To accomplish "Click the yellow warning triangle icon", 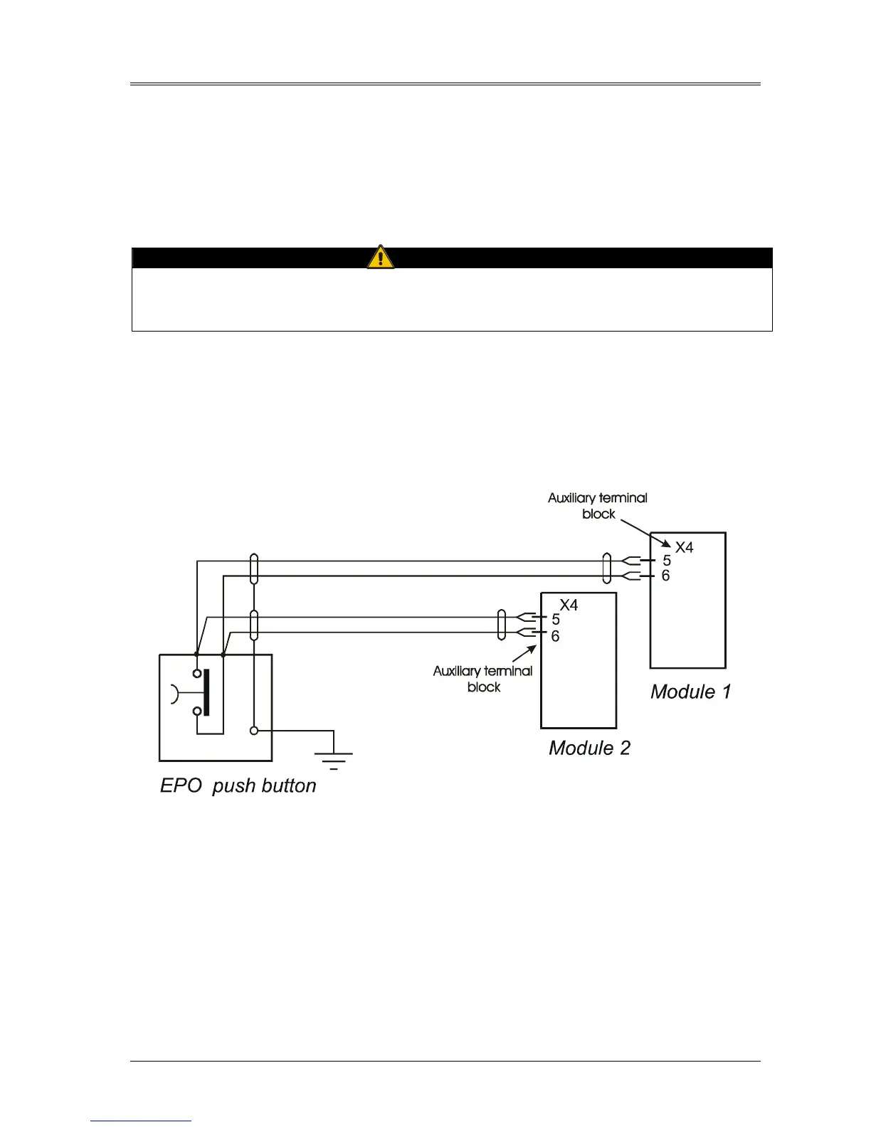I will [381, 257].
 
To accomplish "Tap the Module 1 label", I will [690, 692].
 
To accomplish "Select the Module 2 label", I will [589, 748].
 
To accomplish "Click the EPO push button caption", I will [238, 785].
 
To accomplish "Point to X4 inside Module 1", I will [684, 547].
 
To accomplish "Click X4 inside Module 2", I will [569, 605].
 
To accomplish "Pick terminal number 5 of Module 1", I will [667, 561].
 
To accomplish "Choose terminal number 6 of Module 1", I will [666, 576].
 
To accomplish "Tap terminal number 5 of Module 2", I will [556, 619].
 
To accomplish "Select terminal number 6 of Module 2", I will [555, 635].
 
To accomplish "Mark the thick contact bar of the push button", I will [206, 692].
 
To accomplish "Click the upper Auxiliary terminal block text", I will [598, 505].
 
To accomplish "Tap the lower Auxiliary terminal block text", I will [483, 678].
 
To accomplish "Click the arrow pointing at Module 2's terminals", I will [525, 654].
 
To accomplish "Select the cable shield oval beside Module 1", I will [606, 568].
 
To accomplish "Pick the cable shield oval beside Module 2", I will [501, 625].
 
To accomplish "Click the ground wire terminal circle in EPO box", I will [254, 731].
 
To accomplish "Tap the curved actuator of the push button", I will [175, 693].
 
